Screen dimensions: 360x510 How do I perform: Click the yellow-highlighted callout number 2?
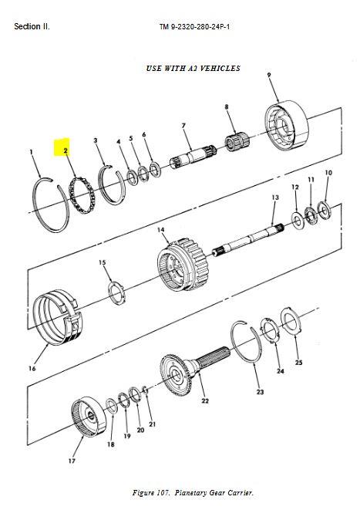pos(66,150)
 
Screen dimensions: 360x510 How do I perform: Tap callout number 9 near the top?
pos(269,75)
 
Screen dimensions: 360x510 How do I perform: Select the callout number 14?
pos(161,230)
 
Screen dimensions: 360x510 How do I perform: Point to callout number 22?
pos(205,400)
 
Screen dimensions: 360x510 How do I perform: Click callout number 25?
pos(298,362)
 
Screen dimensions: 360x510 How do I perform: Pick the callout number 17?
pos(72,461)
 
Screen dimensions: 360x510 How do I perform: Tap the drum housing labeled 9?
pos(287,126)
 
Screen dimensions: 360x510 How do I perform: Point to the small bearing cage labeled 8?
pos(237,141)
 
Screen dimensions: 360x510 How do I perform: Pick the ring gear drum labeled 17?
pos(89,417)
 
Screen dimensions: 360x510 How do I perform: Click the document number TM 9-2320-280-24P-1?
pos(194,27)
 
